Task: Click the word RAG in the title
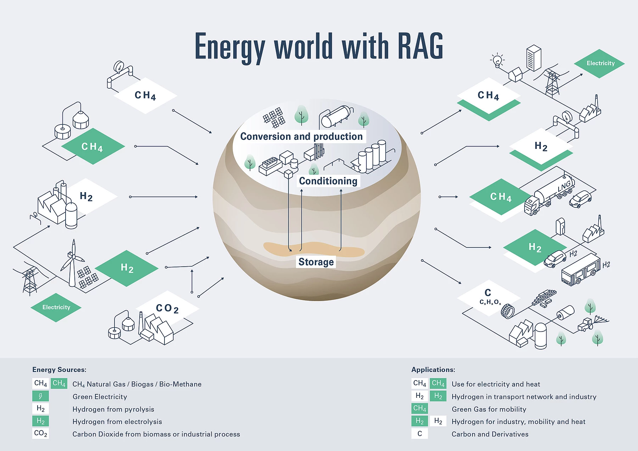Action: [420, 46]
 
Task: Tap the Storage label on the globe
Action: [316, 262]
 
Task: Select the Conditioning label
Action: [328, 181]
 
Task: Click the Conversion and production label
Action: [302, 137]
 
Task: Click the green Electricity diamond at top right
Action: [599, 63]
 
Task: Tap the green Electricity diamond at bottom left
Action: [56, 307]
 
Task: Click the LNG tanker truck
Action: [549, 195]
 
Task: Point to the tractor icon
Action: [586, 324]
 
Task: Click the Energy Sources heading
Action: [59, 370]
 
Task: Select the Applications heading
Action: [433, 370]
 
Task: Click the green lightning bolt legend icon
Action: [40, 396]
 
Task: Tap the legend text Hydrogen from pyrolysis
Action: [113, 409]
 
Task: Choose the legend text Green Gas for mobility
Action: [489, 409]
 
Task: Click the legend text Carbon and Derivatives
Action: [490, 434]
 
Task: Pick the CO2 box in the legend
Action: [40, 433]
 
